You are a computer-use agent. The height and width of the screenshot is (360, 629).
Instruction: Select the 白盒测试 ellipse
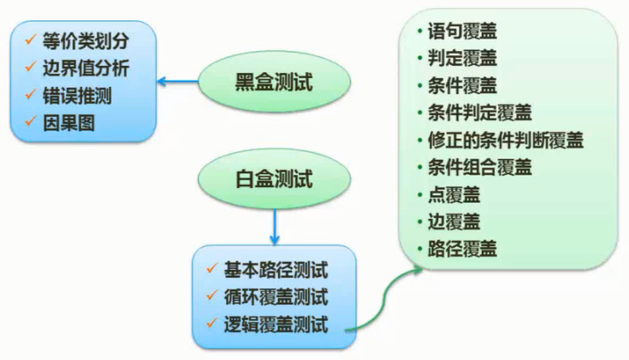275,176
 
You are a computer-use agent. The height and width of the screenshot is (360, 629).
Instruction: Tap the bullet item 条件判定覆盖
479,112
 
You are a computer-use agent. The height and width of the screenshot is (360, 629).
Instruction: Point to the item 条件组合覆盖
479,167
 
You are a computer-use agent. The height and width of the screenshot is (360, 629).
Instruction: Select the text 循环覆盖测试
275,297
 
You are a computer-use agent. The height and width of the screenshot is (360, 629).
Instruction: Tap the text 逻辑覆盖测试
275,324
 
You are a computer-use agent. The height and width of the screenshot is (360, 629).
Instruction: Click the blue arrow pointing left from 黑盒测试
178,82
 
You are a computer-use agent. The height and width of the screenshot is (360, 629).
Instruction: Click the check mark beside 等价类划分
30,39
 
